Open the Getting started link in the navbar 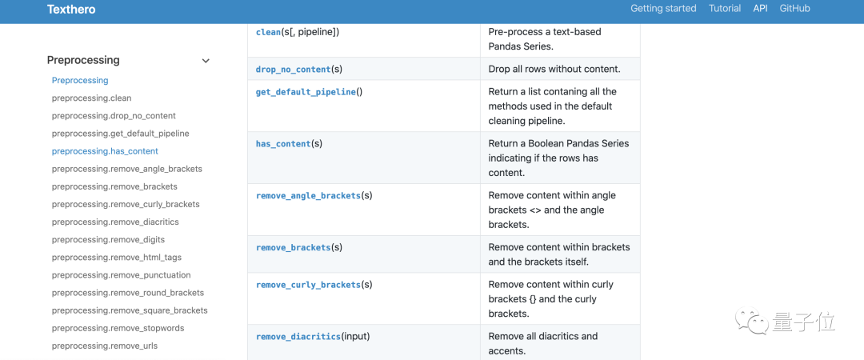pyautogui.click(x=663, y=9)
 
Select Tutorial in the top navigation pyautogui.click(x=725, y=9)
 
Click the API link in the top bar pyautogui.click(x=760, y=9)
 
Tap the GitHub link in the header pyautogui.click(x=794, y=9)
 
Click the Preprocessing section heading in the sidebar pyautogui.click(x=83, y=60)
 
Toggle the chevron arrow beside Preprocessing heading pyautogui.click(x=206, y=61)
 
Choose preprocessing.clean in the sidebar pyautogui.click(x=91, y=98)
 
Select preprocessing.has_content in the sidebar pyautogui.click(x=105, y=151)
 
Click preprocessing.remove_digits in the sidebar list pyautogui.click(x=108, y=240)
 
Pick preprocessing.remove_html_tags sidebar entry pyautogui.click(x=116, y=258)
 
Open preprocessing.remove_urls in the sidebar pyautogui.click(x=104, y=346)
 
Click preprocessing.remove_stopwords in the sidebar pyautogui.click(x=118, y=329)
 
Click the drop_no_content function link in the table pyautogui.click(x=293, y=70)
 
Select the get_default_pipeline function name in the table pyautogui.click(x=306, y=92)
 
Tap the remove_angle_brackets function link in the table pyautogui.click(x=308, y=196)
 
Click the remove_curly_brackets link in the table pyautogui.click(x=308, y=285)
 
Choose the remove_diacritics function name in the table pyautogui.click(x=298, y=337)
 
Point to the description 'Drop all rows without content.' pyautogui.click(x=554, y=70)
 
